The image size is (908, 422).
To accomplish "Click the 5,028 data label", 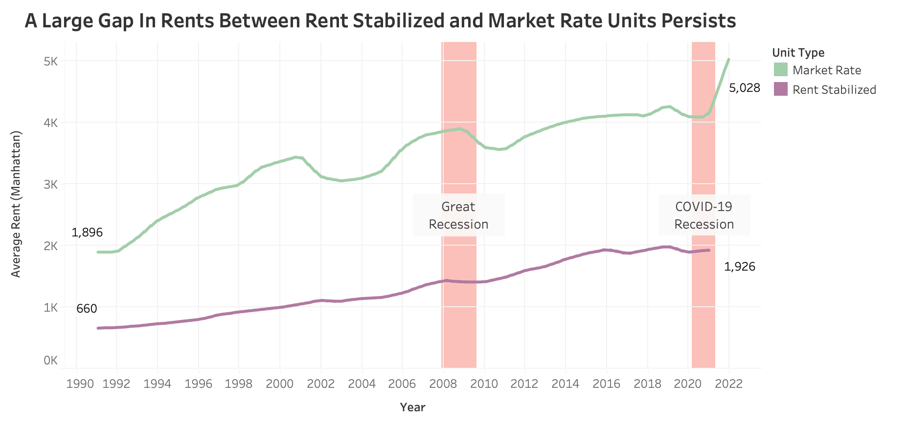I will point(744,88).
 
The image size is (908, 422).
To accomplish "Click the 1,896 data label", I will point(87,232).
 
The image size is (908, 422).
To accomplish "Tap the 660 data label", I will point(87,309).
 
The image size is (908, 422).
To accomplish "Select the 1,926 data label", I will point(739,267).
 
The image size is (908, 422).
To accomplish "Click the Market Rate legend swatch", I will point(781,70).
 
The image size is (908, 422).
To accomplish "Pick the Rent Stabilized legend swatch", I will point(781,89).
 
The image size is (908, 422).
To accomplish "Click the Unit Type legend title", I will point(798,53).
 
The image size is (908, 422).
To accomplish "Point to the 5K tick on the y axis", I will point(51,62).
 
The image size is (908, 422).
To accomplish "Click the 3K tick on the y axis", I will point(51,185).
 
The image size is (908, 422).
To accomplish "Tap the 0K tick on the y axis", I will point(51,360).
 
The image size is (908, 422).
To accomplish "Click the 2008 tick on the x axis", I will point(443,384).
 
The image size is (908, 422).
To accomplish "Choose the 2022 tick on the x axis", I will point(729,384).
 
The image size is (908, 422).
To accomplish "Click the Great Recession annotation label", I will point(458,215).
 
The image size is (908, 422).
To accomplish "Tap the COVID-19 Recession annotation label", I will point(704,215).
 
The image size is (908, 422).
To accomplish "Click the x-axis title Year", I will point(412,407).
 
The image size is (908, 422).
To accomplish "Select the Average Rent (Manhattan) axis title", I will point(16,204).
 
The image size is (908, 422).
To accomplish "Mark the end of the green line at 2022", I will point(728,60).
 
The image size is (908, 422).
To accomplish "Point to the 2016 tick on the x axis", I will point(606,384).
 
